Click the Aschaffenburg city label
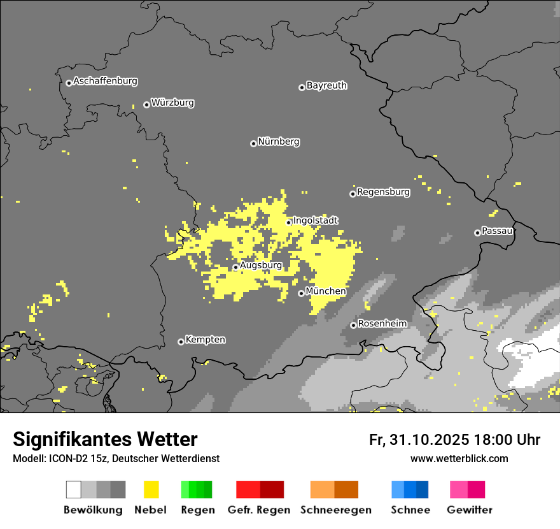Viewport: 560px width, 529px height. coord(105,81)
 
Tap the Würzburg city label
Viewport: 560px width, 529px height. coord(172,103)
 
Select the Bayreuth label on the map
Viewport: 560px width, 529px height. coord(326,85)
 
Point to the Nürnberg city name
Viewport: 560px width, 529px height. coord(279,141)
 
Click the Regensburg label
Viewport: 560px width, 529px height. coord(383,192)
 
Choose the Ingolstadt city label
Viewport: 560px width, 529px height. coord(316,221)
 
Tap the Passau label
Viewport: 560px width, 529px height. coord(498,231)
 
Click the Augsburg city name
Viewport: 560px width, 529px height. coord(261,265)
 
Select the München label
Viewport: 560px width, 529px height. coord(326,291)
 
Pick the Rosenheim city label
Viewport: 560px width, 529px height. coord(382,324)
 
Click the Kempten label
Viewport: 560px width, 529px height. coord(205,340)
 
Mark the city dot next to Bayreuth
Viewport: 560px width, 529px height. coord(302,87)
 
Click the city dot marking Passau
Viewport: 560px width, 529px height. coord(477,233)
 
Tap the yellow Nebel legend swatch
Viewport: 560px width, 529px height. coord(151,489)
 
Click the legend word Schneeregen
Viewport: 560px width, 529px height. coord(335,510)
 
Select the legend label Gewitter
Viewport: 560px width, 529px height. coord(470,510)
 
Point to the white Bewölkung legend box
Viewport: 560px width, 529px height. coord(74,489)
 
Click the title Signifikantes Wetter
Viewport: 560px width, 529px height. coord(105,439)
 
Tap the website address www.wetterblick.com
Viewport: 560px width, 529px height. coord(459,458)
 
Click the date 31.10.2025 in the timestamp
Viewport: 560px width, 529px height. coord(430,440)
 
